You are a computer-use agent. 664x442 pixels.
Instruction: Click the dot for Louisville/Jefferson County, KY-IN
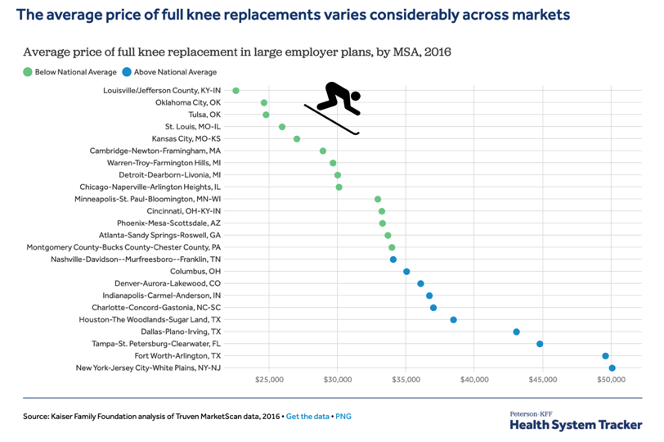(236, 91)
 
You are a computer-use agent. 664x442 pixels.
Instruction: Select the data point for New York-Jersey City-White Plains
(612, 368)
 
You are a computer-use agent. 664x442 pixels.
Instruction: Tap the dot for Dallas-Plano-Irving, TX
(516, 331)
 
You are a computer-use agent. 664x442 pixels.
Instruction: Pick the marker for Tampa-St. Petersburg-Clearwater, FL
(540, 344)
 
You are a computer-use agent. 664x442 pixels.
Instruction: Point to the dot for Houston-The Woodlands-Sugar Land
(453, 320)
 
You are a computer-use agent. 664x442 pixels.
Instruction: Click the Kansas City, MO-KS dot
(297, 139)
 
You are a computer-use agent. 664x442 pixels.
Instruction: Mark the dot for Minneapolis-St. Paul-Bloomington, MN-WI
(378, 199)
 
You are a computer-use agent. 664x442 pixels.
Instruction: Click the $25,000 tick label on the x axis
(269, 381)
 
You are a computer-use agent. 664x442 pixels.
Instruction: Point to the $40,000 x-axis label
(474, 381)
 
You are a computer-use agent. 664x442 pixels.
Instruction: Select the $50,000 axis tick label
(612, 381)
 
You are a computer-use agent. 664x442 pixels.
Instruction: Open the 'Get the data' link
(308, 417)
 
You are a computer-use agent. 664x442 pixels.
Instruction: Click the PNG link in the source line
(343, 417)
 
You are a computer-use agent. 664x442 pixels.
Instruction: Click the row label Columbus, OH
(195, 271)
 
